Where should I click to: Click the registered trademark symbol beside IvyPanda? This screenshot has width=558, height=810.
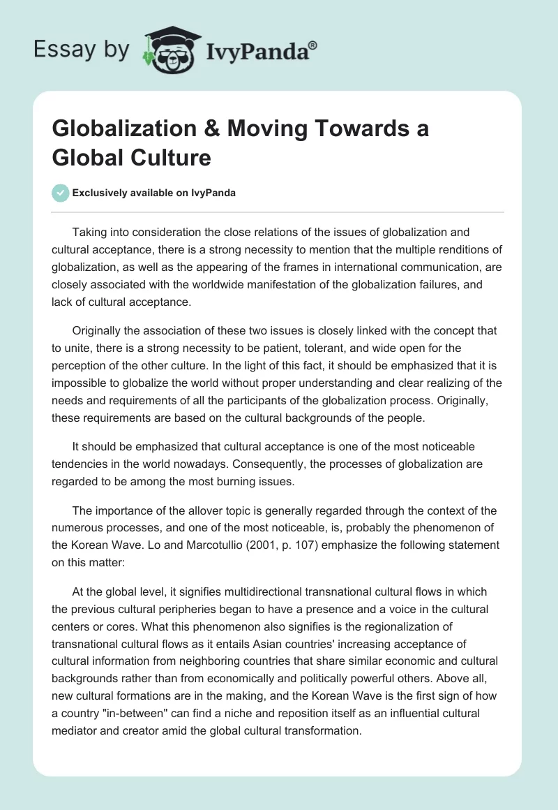click(313, 46)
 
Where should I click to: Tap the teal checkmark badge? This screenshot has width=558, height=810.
click(61, 193)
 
